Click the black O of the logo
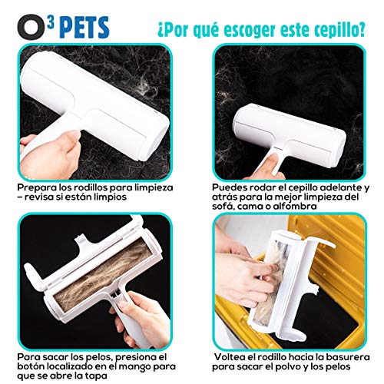pos(22,18)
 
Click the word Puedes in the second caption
pos(230,187)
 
